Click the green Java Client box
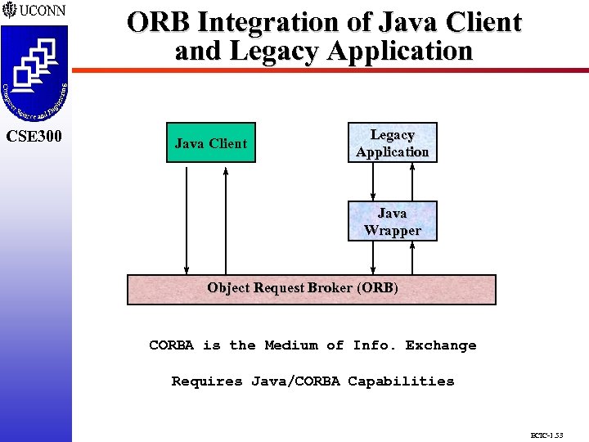210,143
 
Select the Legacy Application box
392,143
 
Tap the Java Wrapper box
392,222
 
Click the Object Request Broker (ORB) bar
311,289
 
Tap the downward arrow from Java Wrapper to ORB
373,258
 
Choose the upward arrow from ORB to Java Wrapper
412,258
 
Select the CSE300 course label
34,136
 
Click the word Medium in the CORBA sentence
290,345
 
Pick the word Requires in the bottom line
207,381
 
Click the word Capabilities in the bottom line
401,381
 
